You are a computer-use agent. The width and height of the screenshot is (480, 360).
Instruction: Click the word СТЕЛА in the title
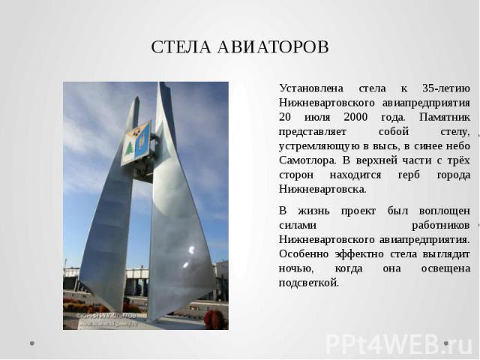coord(181,46)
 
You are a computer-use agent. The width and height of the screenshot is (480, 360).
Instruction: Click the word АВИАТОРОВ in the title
coord(273,46)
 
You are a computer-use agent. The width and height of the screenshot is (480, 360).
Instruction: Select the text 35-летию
coord(446,88)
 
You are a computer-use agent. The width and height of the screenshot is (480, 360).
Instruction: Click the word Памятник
coord(445,117)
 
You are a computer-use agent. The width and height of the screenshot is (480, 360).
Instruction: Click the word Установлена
coord(311,88)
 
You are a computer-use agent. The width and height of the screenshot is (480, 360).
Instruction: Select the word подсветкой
coord(309,283)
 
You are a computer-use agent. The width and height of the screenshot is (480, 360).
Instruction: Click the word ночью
coord(296,268)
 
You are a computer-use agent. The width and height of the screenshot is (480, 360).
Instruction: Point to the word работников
coord(441,226)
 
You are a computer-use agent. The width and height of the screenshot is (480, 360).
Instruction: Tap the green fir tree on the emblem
coord(130,148)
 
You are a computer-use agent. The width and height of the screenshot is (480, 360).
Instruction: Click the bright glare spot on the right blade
coord(192,250)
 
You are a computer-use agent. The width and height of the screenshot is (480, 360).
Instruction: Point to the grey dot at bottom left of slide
coord(31,343)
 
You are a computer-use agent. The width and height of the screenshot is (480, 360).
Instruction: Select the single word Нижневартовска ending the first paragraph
coord(322,190)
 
